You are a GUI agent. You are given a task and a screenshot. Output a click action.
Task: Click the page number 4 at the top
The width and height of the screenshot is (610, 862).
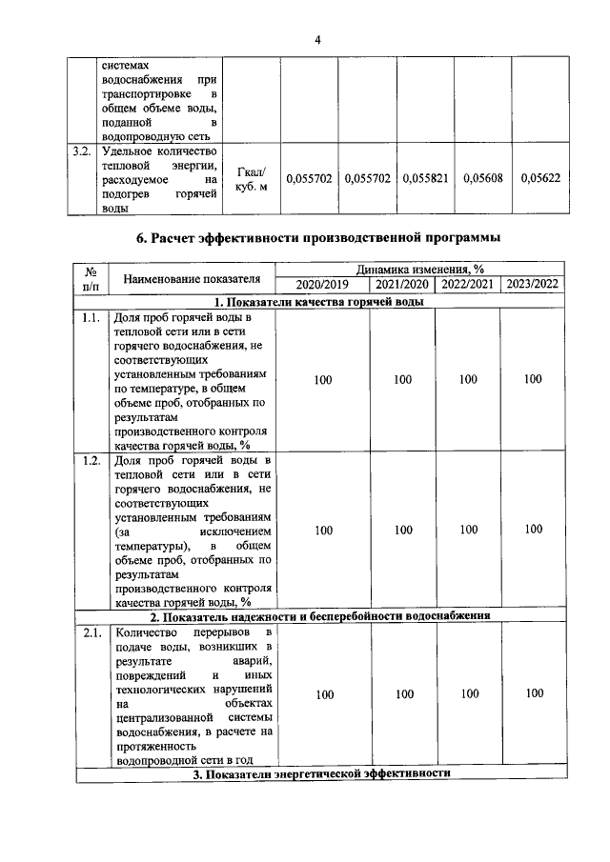click(x=318, y=39)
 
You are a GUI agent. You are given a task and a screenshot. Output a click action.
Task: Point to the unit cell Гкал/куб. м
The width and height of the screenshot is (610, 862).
click(x=252, y=178)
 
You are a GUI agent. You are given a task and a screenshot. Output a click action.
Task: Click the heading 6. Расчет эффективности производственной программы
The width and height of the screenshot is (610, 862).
click(x=318, y=236)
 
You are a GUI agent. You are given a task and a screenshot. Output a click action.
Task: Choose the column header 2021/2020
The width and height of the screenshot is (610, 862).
click(x=402, y=285)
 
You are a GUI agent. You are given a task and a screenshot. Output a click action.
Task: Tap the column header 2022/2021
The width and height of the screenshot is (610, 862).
click(x=468, y=285)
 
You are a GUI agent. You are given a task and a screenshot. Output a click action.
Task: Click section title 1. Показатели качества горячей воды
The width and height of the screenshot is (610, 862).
click(x=318, y=301)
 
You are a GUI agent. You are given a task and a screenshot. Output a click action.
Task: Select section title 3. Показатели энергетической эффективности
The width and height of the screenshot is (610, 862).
click(x=318, y=774)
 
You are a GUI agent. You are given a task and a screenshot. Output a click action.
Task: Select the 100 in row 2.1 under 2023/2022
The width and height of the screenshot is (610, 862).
click(x=534, y=693)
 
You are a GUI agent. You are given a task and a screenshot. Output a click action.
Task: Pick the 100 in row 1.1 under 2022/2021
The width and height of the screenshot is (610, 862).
click(x=468, y=380)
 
